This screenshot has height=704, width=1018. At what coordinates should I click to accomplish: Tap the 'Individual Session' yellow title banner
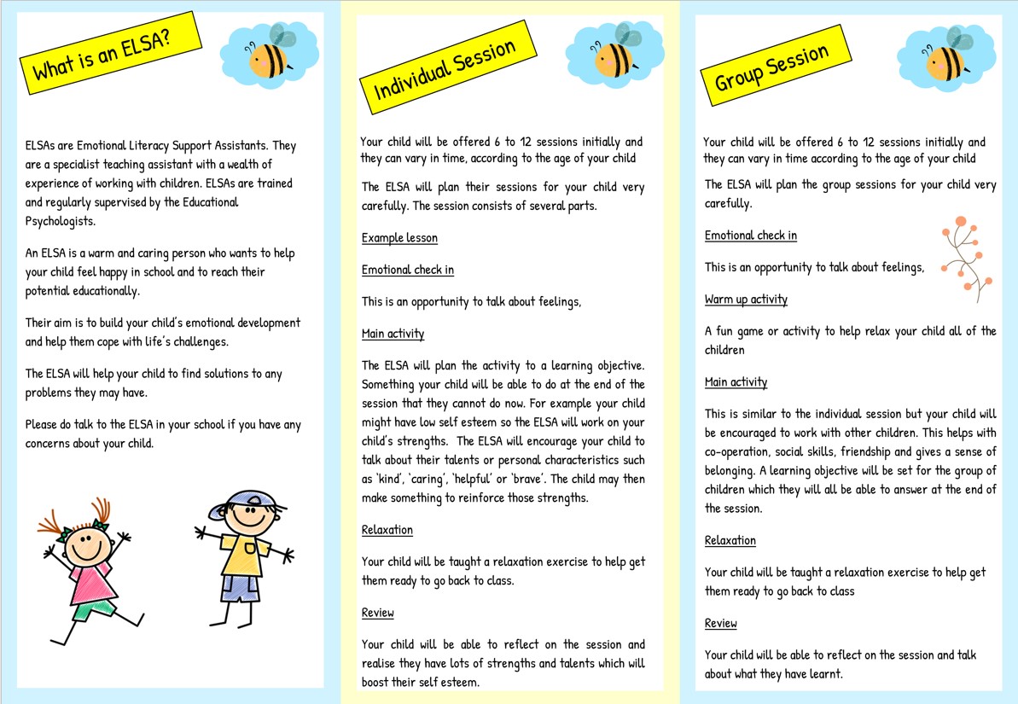[x=447, y=71]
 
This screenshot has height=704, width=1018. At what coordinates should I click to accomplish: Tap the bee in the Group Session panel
[x=947, y=58]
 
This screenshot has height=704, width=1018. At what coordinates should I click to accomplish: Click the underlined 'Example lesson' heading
[x=399, y=238]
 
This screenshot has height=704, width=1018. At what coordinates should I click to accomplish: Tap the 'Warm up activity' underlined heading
[x=746, y=300]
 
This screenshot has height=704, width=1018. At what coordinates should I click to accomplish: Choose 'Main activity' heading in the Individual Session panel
[x=393, y=334]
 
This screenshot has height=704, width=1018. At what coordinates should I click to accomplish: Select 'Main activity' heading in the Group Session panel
[x=736, y=382]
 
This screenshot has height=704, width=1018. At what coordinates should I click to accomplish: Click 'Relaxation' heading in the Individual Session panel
[x=387, y=530]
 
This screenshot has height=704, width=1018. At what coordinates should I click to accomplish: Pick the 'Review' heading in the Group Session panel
[x=720, y=624]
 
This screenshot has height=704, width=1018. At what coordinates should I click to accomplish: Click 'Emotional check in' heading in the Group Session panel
[x=751, y=236]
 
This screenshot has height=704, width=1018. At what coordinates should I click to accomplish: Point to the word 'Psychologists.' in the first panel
[x=61, y=221]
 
